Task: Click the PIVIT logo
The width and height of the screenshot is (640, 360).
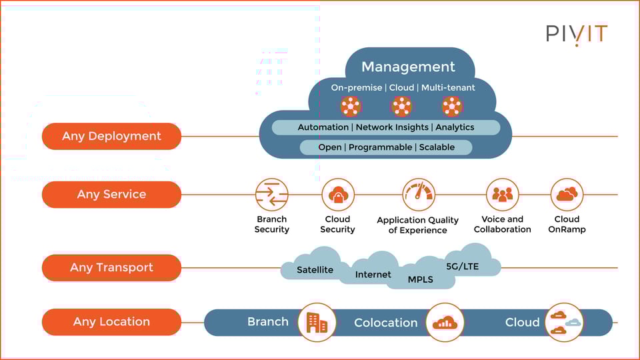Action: [x=577, y=34]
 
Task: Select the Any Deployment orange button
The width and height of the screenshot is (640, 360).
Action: [x=111, y=136]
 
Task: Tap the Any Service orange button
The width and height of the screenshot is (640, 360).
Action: [x=111, y=195]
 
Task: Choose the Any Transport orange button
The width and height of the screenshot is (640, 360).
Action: [x=111, y=268]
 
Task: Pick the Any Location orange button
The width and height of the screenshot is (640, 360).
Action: [x=111, y=322]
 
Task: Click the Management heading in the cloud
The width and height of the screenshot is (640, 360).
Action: [x=408, y=67]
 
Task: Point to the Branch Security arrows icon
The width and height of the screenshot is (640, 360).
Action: [x=271, y=195]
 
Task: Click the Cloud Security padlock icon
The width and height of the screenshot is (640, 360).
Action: [x=337, y=195]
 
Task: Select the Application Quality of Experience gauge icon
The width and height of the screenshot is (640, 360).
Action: [x=418, y=195]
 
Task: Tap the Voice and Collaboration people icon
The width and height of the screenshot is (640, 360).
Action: [x=502, y=195]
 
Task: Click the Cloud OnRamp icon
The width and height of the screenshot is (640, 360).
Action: [x=567, y=195]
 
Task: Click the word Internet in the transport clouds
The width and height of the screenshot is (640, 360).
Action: [x=373, y=275]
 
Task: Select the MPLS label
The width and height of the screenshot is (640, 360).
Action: [x=420, y=279]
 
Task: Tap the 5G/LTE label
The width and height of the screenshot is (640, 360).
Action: [x=462, y=266]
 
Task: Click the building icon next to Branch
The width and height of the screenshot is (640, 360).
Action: [x=317, y=323]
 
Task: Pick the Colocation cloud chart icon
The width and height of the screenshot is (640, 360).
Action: [x=444, y=323]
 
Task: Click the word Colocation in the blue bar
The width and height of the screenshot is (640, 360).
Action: [x=385, y=323]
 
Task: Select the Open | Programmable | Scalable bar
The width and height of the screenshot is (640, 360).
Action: [x=385, y=147]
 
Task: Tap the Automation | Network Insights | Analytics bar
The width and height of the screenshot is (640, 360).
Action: [x=385, y=127]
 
